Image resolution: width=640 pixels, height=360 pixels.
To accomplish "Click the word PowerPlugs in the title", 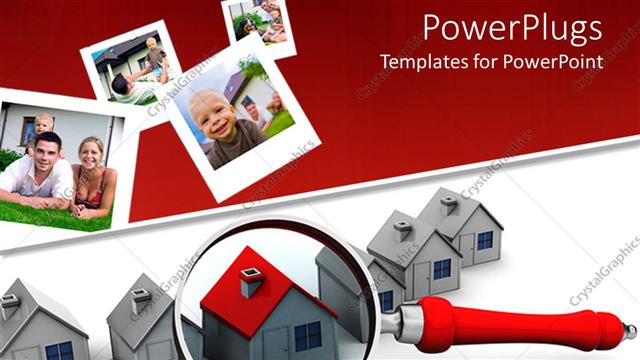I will point(512,26).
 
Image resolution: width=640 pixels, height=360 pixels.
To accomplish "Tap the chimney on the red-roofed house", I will point(251,282).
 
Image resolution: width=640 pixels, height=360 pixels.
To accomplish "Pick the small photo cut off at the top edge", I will point(260,20).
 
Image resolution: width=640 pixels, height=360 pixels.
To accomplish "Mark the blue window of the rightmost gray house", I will point(485,240).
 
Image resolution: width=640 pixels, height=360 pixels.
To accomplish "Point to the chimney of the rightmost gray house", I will point(450,205).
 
